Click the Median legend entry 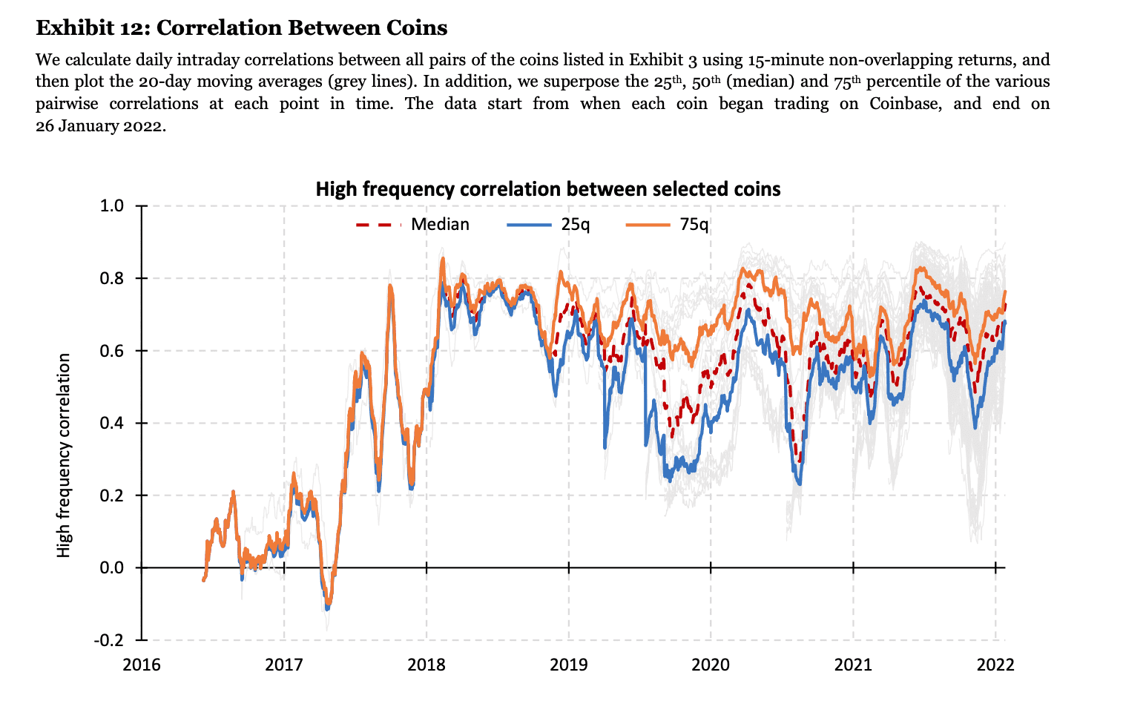click(x=412, y=224)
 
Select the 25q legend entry click(x=548, y=224)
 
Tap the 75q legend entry click(x=668, y=224)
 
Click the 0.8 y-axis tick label click(x=112, y=278)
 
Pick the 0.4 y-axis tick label click(x=112, y=423)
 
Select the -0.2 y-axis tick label click(x=109, y=640)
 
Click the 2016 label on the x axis click(x=142, y=665)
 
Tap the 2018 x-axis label click(x=427, y=665)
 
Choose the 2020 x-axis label click(x=711, y=665)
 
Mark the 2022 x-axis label click(x=995, y=665)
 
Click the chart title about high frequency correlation click(x=548, y=189)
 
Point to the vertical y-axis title click(x=64, y=455)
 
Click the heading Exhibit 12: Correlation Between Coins click(x=242, y=27)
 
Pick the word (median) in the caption click(x=760, y=81)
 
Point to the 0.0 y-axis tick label click(x=112, y=567)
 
